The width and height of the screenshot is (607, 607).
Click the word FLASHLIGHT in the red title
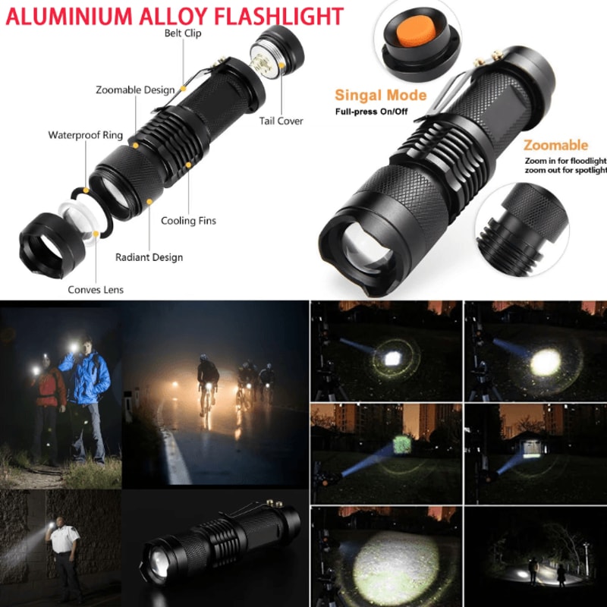pos(278,16)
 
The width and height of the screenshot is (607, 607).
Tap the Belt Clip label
pos(183,33)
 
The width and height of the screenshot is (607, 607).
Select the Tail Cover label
pos(281,121)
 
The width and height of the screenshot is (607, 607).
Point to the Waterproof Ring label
pos(86,135)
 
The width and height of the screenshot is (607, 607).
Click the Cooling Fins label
pos(188,221)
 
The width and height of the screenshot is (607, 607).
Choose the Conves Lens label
pos(96,290)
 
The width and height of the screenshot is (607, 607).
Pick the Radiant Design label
pos(149,257)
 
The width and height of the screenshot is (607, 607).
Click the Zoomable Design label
pos(135,90)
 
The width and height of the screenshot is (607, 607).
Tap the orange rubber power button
pos(416,32)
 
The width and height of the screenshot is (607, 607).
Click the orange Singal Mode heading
pos(381,96)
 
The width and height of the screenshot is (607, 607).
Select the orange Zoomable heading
pos(556,146)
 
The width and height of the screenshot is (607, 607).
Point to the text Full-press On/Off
pos(371,112)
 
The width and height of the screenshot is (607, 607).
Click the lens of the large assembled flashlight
pos(367,247)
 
